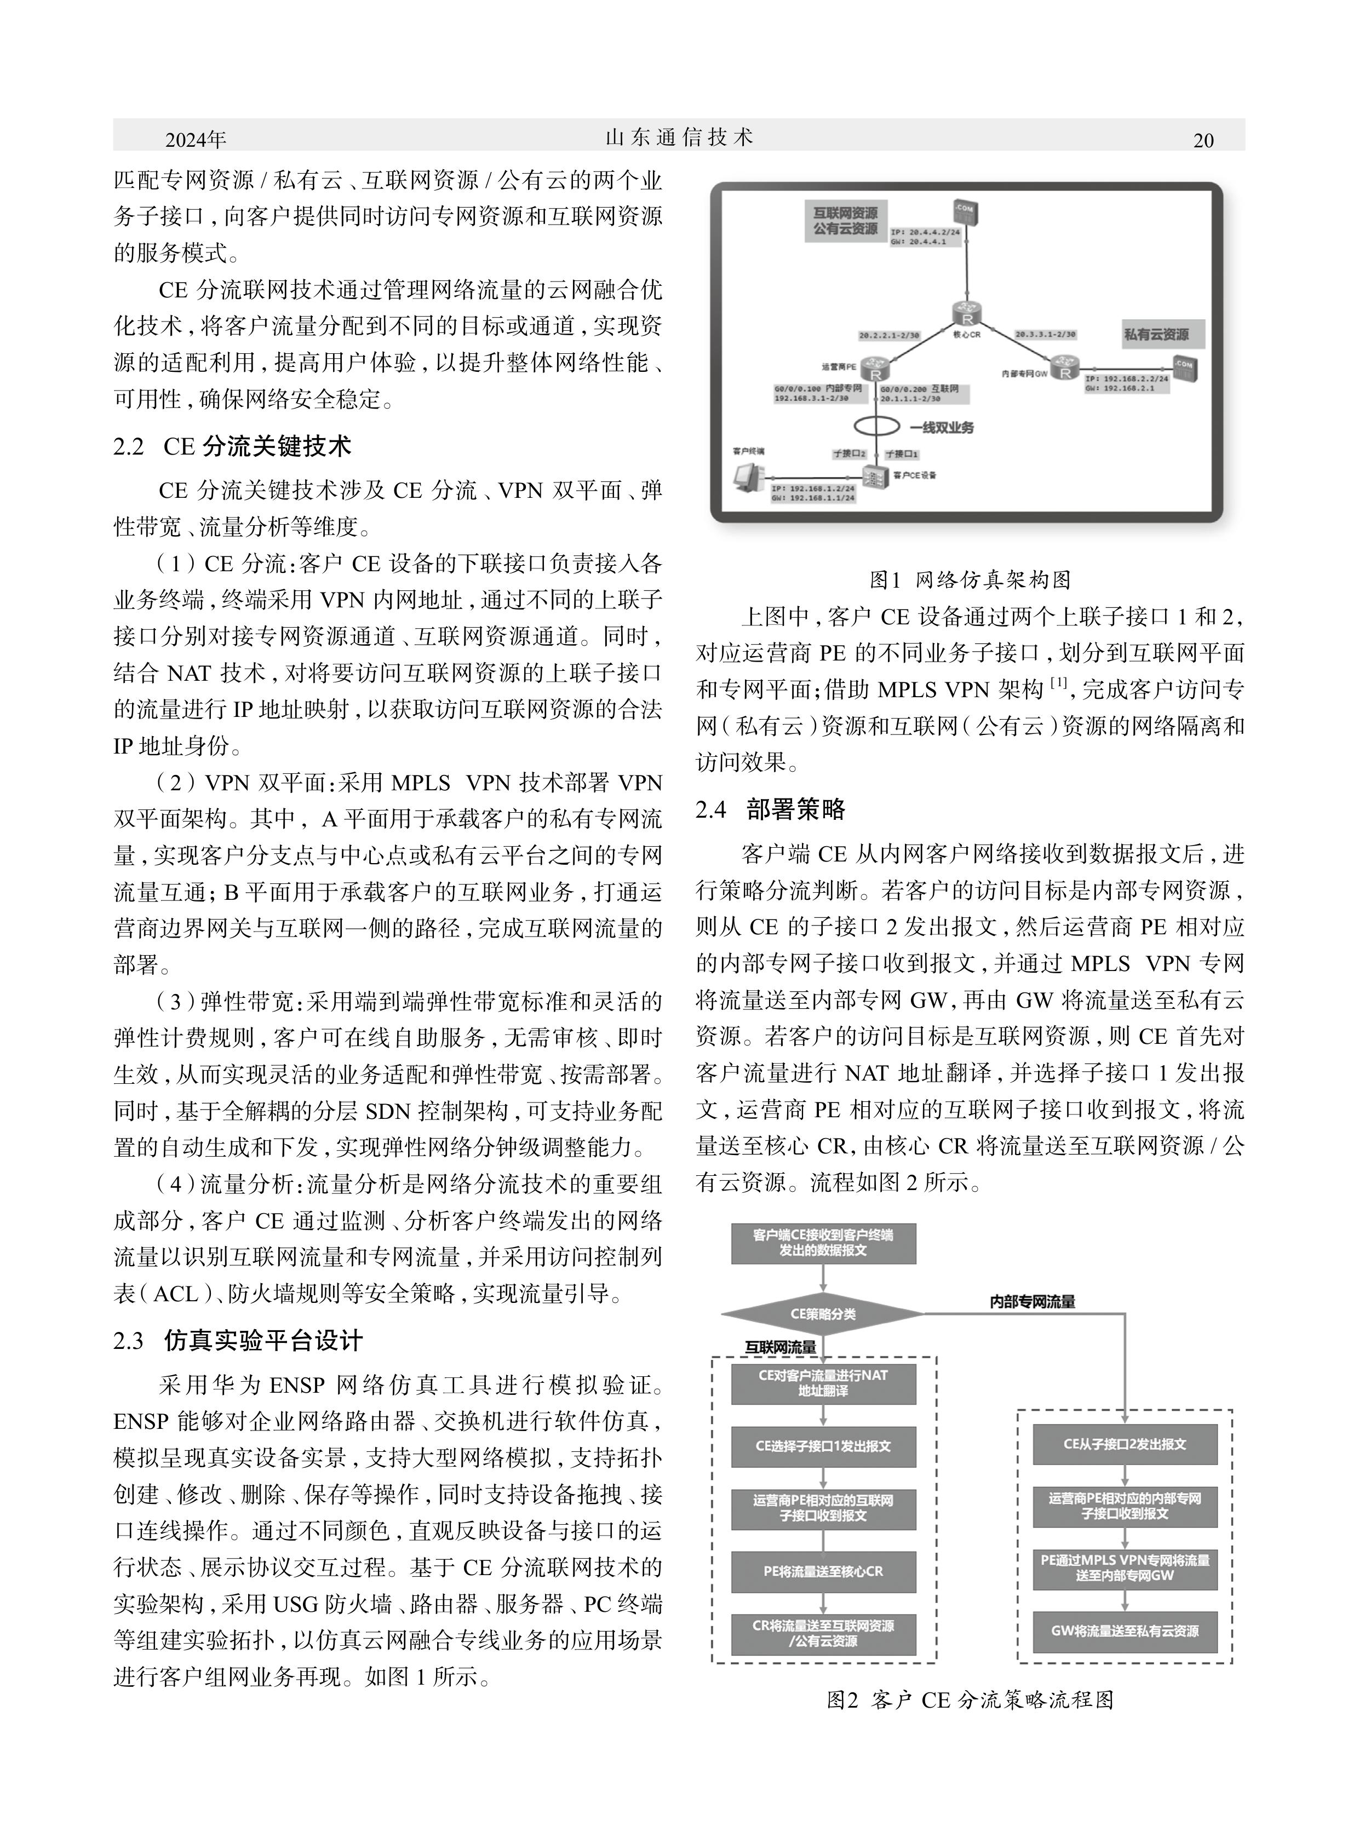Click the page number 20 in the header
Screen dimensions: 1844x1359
coord(1203,141)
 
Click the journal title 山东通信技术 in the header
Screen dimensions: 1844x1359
coord(679,137)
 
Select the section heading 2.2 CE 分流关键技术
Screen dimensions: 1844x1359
coord(233,446)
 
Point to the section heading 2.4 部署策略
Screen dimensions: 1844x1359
coord(770,809)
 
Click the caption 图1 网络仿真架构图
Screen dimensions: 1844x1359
coord(970,580)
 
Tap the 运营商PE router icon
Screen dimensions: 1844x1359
coord(875,371)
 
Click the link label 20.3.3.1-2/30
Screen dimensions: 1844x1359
coord(1045,335)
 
